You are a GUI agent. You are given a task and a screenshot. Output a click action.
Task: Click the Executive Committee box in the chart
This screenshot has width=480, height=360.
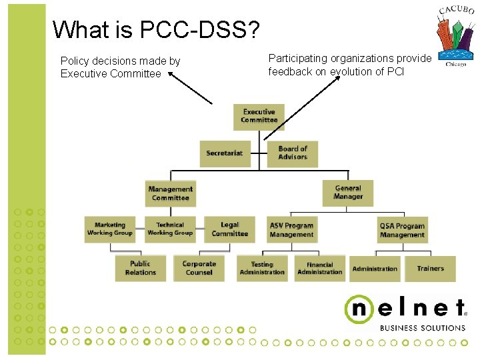259,117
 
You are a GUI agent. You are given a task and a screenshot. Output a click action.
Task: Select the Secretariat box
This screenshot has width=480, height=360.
225,153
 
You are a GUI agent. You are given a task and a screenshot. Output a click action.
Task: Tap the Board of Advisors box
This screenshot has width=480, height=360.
293,153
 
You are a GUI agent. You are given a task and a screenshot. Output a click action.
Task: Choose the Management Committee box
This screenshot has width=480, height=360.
171,193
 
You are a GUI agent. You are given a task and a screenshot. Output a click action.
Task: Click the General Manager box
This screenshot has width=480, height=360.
348,193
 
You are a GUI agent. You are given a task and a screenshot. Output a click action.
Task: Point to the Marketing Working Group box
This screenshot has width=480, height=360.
110,229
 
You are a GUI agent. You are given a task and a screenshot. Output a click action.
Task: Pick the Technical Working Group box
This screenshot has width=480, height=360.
169,229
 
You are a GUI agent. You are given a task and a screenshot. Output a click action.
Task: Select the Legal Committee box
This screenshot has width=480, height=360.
229,229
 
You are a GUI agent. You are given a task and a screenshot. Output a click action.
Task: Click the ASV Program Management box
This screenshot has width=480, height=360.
291,230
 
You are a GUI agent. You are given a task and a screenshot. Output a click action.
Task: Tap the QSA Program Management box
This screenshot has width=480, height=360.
402,230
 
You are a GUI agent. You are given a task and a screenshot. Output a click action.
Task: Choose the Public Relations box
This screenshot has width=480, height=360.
140,268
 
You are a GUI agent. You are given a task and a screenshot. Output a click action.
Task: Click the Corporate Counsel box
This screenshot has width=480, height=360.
199,268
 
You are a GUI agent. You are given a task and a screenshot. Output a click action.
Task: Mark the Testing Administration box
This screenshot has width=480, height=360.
262,268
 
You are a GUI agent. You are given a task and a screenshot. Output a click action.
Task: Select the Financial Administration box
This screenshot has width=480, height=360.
319,268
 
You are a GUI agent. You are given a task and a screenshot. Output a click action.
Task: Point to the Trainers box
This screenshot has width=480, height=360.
430,269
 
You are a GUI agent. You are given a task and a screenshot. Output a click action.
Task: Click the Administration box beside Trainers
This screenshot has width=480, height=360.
375,269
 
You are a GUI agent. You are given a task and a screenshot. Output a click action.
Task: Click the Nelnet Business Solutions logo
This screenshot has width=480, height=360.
405,312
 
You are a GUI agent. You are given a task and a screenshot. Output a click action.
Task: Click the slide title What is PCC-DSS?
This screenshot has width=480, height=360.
157,29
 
